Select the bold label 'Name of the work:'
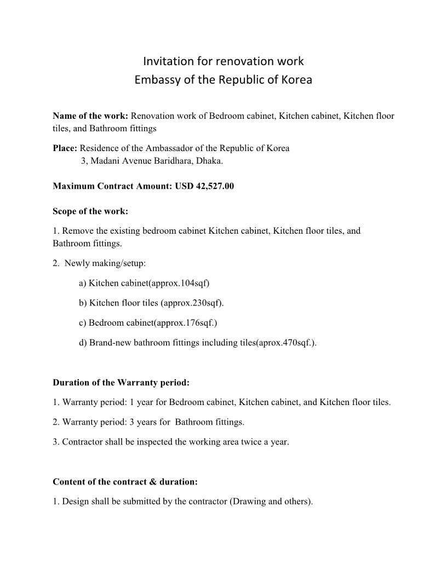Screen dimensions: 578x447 [90, 116]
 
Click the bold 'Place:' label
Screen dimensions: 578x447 [65, 148]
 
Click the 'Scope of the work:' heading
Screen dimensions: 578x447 [90, 211]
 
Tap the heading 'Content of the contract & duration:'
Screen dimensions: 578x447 [125, 482]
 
